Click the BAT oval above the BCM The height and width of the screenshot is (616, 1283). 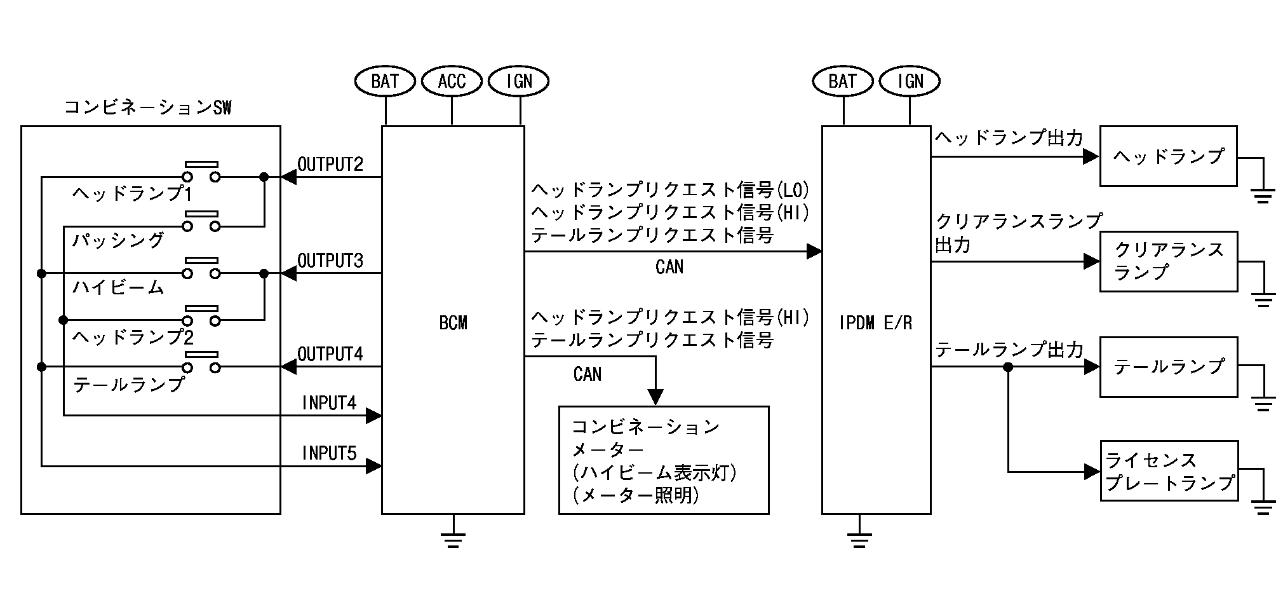[x=384, y=81]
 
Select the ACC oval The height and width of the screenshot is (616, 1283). [x=452, y=81]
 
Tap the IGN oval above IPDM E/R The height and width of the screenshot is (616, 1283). [x=910, y=81]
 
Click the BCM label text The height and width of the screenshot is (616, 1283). [x=453, y=323]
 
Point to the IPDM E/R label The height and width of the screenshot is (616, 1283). [x=875, y=323]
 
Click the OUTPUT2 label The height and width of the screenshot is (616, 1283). [x=330, y=165]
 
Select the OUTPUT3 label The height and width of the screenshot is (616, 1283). [x=330, y=261]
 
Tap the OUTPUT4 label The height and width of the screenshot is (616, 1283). [x=330, y=354]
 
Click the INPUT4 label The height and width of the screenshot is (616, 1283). [x=329, y=403]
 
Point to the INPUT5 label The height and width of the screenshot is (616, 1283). [x=329, y=453]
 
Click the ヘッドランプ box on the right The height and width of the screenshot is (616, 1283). [x=1168, y=156]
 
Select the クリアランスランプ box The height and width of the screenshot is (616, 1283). [x=1168, y=261]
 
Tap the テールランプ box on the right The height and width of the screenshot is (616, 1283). [x=1168, y=367]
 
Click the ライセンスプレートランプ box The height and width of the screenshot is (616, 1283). [x=1168, y=471]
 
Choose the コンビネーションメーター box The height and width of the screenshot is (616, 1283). [x=663, y=460]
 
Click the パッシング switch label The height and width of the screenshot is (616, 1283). [x=118, y=240]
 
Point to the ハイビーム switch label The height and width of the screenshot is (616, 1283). [x=118, y=288]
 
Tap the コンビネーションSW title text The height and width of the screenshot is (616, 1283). [x=148, y=107]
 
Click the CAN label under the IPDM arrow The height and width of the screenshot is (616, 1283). [x=669, y=267]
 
